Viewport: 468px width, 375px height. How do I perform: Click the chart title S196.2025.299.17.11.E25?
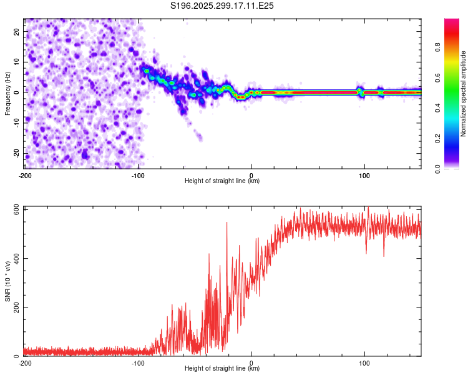click(223, 6)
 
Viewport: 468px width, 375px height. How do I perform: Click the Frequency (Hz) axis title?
click(7, 92)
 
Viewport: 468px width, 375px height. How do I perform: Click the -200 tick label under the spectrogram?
click(25, 174)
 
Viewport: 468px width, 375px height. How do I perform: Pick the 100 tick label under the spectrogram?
click(364, 174)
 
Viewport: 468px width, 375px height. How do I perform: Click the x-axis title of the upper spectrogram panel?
click(222, 181)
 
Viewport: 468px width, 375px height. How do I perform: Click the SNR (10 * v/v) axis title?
click(7, 281)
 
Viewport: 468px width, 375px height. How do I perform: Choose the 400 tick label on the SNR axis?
click(15, 258)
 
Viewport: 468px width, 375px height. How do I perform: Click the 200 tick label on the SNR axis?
click(15, 307)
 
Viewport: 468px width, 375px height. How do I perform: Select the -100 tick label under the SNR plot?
click(138, 362)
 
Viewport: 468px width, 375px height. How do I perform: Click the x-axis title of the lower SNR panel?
click(222, 369)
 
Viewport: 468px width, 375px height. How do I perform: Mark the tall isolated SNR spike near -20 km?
click(227, 223)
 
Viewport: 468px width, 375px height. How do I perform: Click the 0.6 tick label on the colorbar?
click(454, 77)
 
